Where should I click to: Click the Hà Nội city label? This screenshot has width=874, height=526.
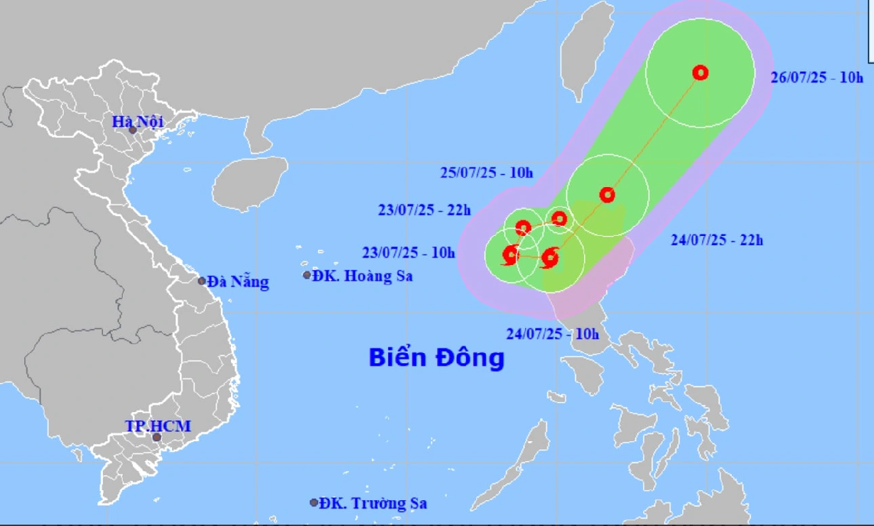click(138, 122)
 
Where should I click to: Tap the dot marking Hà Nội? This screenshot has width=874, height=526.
click(133, 130)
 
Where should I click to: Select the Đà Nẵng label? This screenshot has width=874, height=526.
click(238, 282)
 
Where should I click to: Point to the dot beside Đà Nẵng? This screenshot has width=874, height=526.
click(202, 281)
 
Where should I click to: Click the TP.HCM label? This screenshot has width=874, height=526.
click(158, 426)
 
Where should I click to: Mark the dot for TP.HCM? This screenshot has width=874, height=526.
click(157, 437)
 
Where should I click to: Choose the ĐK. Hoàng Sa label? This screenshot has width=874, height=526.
click(362, 276)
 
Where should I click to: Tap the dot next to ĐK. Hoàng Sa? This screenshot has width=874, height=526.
click(307, 275)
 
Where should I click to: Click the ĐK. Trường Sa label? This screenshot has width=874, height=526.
click(373, 504)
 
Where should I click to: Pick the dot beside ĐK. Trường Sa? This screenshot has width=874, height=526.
click(314, 502)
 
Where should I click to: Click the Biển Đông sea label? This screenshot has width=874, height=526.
click(437, 357)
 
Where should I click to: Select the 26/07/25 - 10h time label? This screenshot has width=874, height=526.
click(817, 77)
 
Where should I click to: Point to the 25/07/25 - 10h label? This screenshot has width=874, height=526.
click(486, 173)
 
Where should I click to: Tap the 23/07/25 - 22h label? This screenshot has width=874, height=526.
click(424, 210)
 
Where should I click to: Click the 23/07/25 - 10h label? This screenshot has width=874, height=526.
click(409, 254)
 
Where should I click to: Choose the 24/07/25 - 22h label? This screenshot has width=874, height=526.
click(717, 239)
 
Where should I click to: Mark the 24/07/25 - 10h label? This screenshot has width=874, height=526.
click(553, 333)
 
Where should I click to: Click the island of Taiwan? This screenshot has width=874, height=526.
click(583, 51)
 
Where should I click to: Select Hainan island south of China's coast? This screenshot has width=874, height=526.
click(249, 184)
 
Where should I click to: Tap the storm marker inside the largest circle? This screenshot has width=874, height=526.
click(701, 73)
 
